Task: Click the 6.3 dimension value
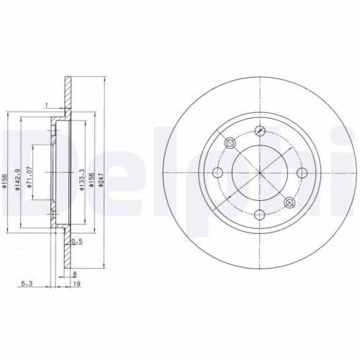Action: tap(25, 284)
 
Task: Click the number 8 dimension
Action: tap(75, 273)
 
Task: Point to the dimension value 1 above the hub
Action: tap(45, 105)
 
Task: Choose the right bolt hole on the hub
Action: tap(302, 172)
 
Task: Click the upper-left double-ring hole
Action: tap(230, 144)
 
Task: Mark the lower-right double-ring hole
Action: tap(289, 202)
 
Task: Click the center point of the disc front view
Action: tap(260, 173)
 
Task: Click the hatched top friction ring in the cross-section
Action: tap(66, 94)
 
